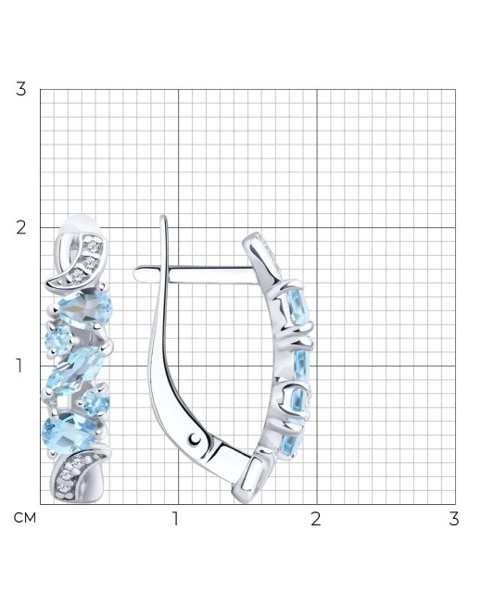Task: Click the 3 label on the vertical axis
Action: tap(21, 89)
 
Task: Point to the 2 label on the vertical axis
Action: tap(21, 228)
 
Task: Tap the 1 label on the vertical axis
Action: tap(19, 366)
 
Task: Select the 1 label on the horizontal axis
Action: tap(175, 519)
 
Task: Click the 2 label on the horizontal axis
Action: tap(316, 519)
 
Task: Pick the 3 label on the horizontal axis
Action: tap(454, 519)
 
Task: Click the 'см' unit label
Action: tap(25, 518)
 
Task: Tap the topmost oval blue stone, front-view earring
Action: tap(86, 308)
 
